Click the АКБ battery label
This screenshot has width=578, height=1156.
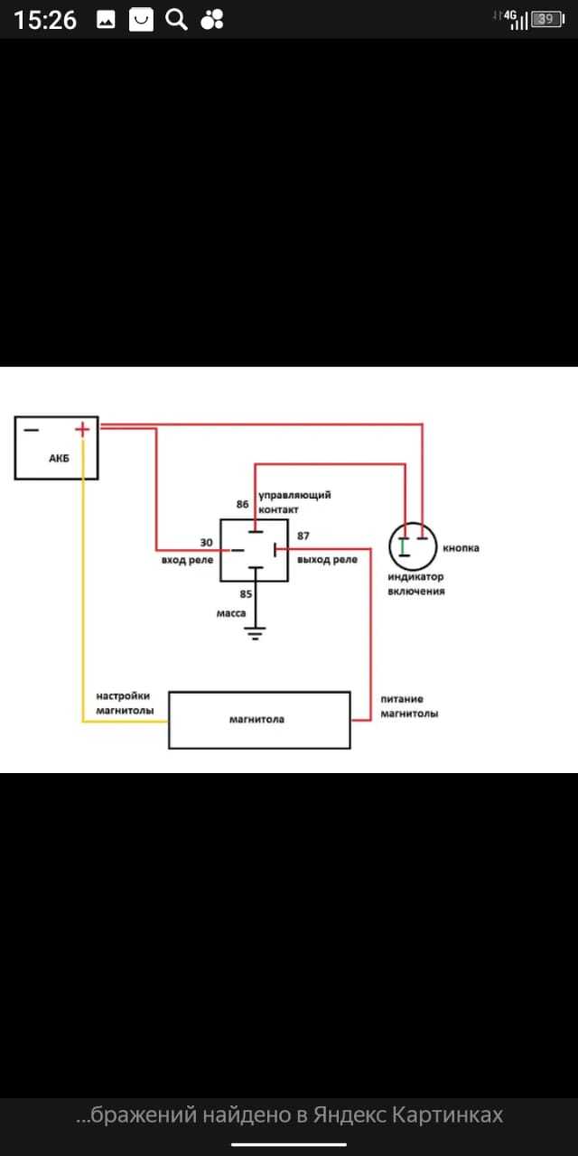pos(59,458)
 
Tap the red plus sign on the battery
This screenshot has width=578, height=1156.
pos(82,429)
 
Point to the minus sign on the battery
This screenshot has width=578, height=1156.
pos(31,430)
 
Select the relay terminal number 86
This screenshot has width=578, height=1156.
pos(243,504)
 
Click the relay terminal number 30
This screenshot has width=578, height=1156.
pos(207,543)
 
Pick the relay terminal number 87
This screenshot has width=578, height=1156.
pos(303,536)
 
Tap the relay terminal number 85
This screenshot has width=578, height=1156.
pos(246,594)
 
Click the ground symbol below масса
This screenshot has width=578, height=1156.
pos(255,633)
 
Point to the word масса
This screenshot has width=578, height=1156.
pos(231,613)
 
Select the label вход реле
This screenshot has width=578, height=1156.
pos(187,561)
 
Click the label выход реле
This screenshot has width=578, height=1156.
pos(327,560)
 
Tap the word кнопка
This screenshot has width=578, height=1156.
pos(461,548)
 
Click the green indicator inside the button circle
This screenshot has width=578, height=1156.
pos(403,546)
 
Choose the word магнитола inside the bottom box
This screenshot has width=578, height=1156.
pos(256,720)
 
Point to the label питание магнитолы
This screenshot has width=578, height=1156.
pos(409,706)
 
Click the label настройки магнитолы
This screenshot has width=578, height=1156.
pos(125,703)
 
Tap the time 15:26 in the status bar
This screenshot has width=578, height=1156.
pos(45,20)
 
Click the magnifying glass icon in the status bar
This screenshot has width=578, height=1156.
pos(176,20)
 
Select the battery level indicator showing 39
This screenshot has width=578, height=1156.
pos(547,20)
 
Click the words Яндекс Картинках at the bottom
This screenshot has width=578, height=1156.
pos(407,1114)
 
